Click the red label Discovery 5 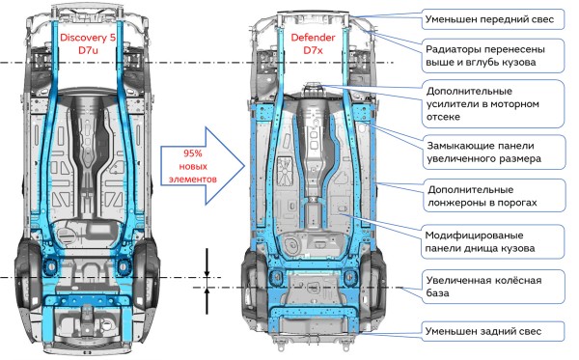(x=88, y=38)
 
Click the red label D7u (x=88, y=50)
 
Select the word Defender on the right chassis (x=313, y=38)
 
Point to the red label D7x (x=313, y=50)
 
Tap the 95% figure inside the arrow (x=192, y=153)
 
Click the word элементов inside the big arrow (x=192, y=180)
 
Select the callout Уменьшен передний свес (x=493, y=19)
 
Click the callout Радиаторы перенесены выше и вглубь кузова (x=493, y=55)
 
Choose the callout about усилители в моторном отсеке (x=493, y=104)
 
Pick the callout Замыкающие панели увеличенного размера (x=493, y=152)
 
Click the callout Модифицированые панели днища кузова (x=493, y=241)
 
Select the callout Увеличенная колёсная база (x=493, y=287)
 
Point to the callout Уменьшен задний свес (x=493, y=331)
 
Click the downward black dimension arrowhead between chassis (x=207, y=273)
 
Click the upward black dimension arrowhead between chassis (x=207, y=291)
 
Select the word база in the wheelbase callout (x=437, y=292)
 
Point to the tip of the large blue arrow (x=245, y=166)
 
